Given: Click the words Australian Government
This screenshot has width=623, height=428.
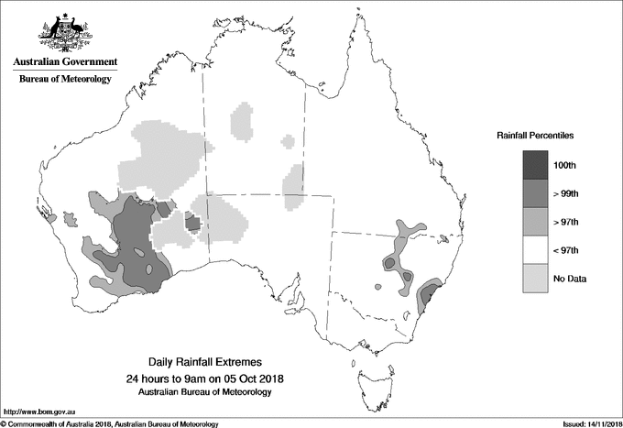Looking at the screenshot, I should (65, 62).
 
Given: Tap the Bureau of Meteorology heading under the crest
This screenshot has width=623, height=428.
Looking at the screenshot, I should (65, 80).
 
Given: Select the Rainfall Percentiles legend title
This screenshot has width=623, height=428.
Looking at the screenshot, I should (535, 135).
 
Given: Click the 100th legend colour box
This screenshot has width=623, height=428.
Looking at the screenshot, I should (536, 164).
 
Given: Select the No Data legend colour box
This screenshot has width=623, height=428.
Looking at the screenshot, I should (536, 278).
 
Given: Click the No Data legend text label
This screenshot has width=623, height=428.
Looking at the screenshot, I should (570, 278).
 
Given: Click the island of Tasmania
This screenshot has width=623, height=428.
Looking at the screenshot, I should (367, 377).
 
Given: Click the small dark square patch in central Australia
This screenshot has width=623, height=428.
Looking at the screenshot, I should (193, 221).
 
